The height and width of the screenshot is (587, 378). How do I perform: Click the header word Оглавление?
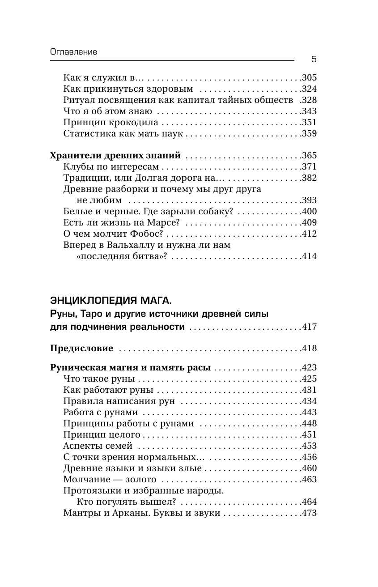pos(74,52)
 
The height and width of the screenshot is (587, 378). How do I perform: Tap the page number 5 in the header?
pos(313,60)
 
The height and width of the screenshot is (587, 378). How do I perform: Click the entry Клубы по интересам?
pos(111,167)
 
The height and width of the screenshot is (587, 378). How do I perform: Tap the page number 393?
pos(309,200)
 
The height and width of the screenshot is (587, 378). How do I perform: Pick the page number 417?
pos(309,327)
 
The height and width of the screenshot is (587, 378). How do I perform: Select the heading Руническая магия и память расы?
pos(130,368)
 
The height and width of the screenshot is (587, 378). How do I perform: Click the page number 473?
pos(309,513)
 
